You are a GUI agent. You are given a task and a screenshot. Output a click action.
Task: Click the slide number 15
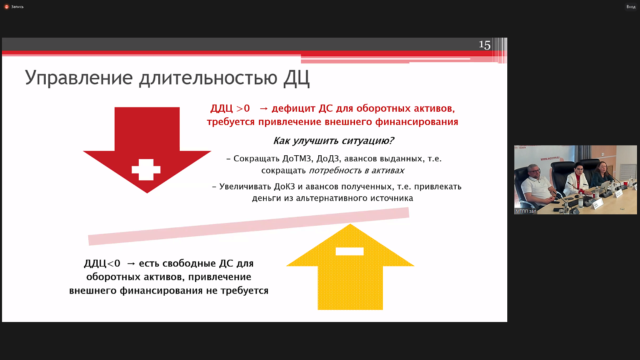click(484, 45)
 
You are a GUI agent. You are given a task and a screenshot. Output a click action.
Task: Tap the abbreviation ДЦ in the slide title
click(296, 78)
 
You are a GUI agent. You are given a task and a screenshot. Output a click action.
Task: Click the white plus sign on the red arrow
click(146, 170)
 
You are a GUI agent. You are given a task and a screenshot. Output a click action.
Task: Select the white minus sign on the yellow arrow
click(349, 251)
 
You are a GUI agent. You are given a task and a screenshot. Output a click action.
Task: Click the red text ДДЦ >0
click(230, 109)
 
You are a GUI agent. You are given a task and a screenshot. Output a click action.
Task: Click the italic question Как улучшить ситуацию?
click(333, 141)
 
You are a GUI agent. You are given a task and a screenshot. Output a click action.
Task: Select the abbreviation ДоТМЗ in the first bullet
click(297, 159)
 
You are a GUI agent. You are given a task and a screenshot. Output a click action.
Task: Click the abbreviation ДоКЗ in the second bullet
click(285, 186)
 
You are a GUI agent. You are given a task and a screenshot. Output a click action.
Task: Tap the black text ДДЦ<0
click(102, 264)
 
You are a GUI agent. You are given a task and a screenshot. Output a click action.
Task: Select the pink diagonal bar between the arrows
click(248, 226)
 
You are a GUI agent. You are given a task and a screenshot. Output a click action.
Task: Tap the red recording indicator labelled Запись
click(14, 7)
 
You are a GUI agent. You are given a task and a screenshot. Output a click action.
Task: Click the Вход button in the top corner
click(631, 7)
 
